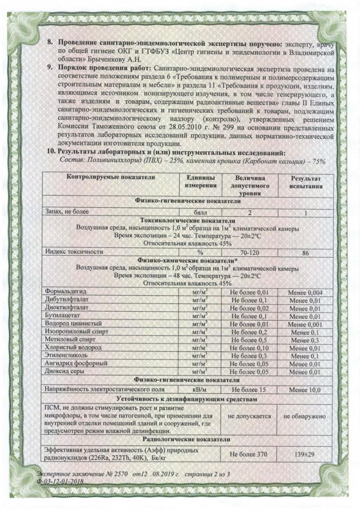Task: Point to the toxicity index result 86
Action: pyautogui.click(x=305, y=252)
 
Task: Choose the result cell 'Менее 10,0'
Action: pyautogui.click(x=305, y=388)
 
